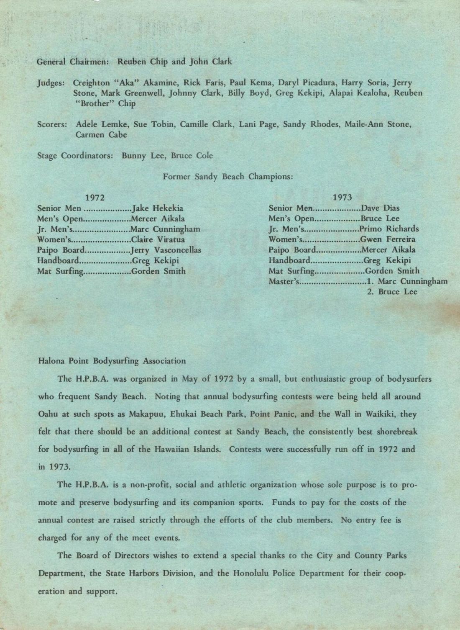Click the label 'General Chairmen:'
pos(73,62)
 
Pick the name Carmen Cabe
pos(101,135)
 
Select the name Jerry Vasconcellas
pos(166,250)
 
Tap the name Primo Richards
pos(389,229)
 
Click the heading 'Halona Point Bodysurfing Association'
pos(112,361)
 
